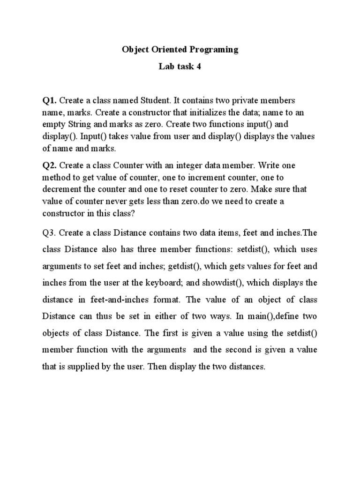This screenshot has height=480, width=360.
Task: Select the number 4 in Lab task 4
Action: (x=199, y=67)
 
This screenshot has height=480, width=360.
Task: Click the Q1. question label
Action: (x=50, y=100)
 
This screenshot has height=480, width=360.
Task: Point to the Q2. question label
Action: (x=50, y=166)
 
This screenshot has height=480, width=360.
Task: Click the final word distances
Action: (x=247, y=367)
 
